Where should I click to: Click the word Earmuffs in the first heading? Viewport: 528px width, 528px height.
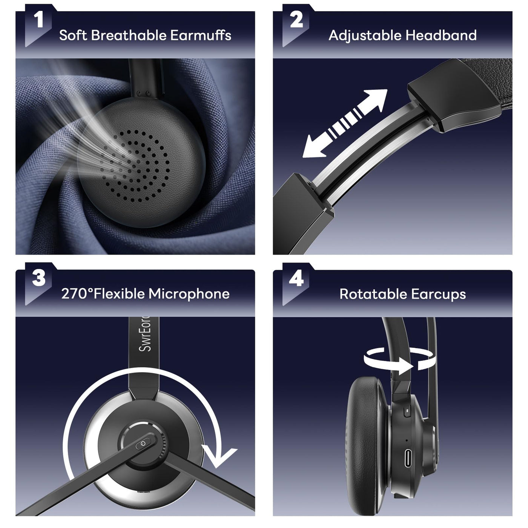pyautogui.click(x=201, y=35)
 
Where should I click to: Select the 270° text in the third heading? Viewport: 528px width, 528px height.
pyautogui.click(x=77, y=294)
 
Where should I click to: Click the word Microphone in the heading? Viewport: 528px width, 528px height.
pyautogui.click(x=189, y=294)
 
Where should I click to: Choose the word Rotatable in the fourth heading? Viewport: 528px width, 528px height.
pyautogui.click(x=373, y=294)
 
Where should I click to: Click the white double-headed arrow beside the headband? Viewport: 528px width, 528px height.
pyautogui.click(x=345, y=123)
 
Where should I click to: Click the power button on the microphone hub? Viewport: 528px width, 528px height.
pyautogui.click(x=143, y=444)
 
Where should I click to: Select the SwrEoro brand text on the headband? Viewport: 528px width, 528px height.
pyautogui.click(x=144, y=334)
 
